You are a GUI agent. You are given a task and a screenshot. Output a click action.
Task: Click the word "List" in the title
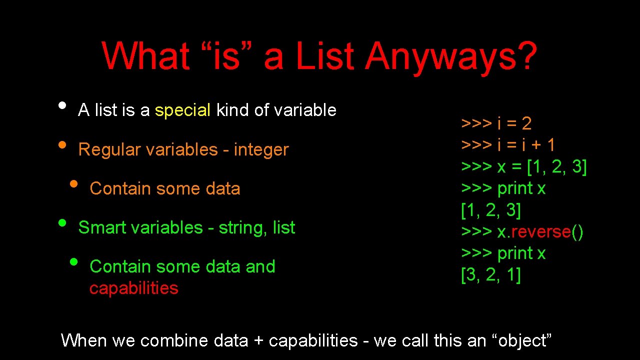coord(325,56)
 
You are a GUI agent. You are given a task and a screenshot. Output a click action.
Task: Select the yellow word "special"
coord(182,110)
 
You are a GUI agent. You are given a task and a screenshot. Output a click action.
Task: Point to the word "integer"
coord(261,149)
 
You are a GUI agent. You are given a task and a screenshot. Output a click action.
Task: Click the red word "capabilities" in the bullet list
coord(133,288)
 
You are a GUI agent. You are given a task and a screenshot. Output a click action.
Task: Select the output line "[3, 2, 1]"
coord(490,275)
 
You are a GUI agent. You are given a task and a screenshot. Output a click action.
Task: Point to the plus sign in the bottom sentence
coord(258,341)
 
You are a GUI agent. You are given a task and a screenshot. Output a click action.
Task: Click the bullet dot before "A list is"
coord(62,105)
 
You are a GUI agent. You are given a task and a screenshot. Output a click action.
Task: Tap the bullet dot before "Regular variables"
coord(62,145)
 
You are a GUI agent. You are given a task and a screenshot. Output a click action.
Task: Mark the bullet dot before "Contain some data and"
coord(73,262)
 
